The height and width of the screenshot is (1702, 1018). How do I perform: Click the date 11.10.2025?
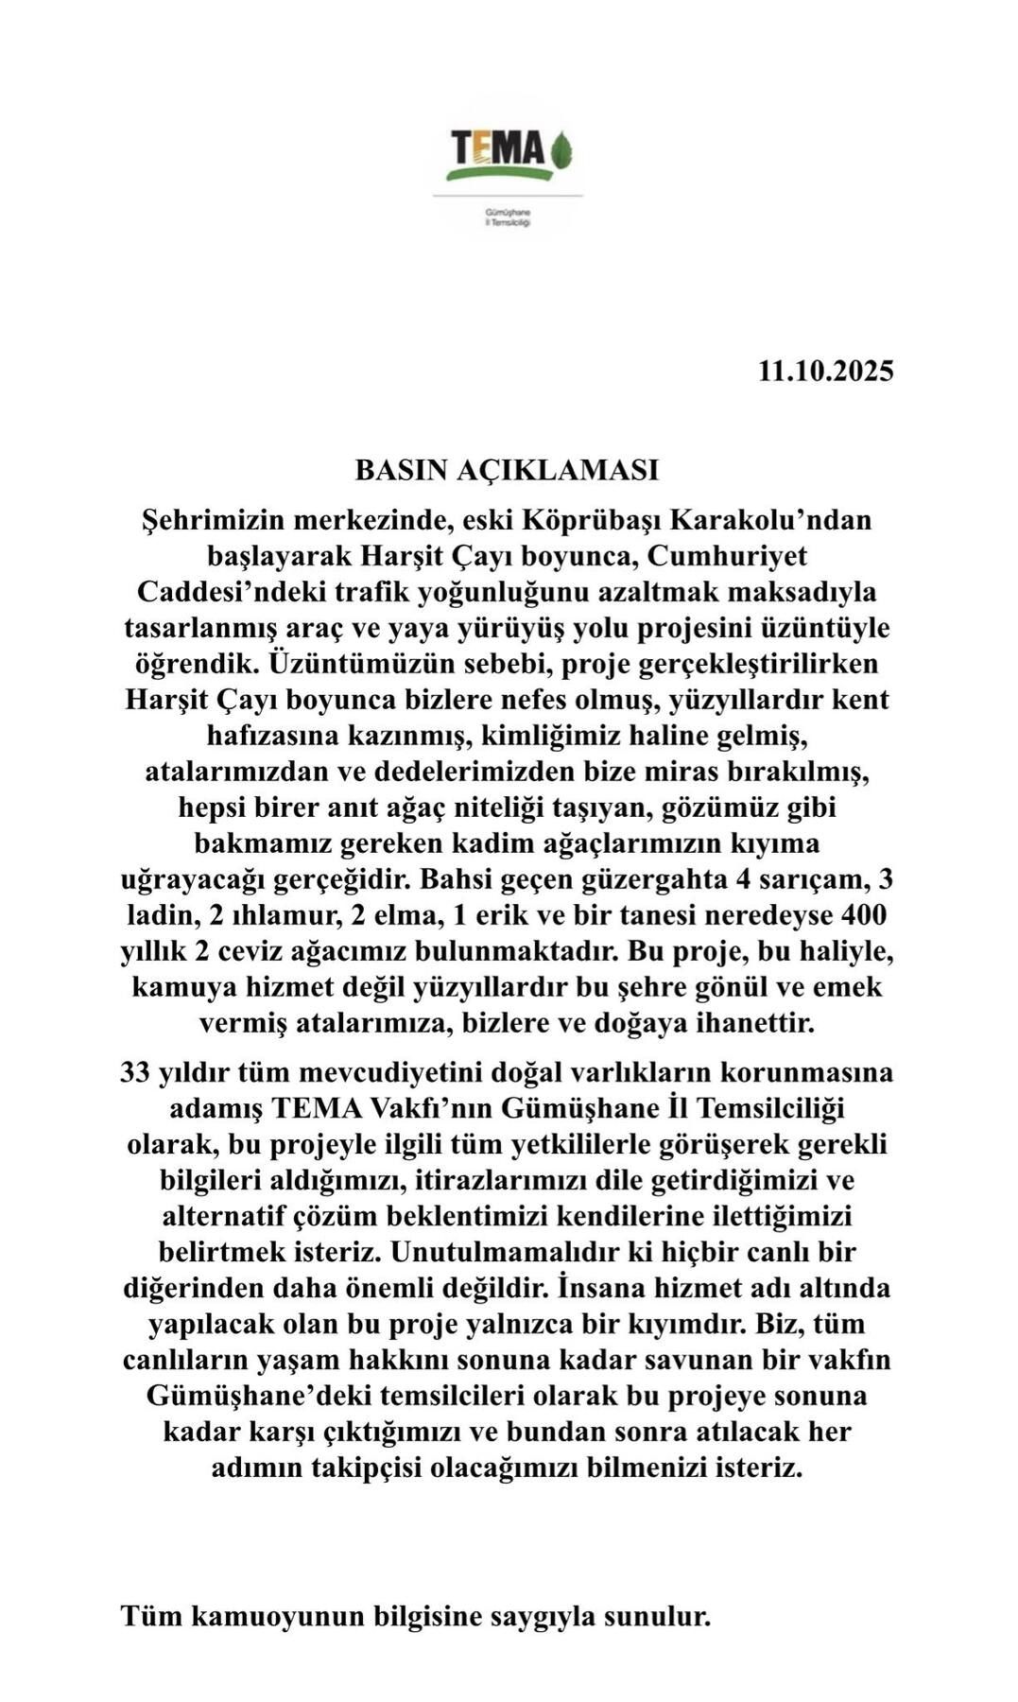pyautogui.click(x=825, y=371)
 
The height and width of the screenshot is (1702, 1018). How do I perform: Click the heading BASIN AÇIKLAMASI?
pyautogui.click(x=507, y=470)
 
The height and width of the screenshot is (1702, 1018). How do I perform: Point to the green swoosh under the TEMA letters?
pyautogui.click(x=499, y=173)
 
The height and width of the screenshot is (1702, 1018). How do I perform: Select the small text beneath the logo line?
pyautogui.click(x=508, y=219)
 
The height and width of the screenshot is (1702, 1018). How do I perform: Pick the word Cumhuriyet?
pyautogui.click(x=727, y=556)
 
